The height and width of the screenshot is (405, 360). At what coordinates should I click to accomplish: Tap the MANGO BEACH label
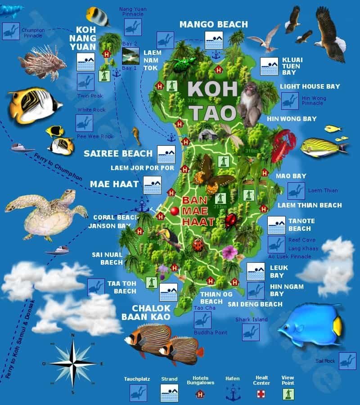click(213, 24)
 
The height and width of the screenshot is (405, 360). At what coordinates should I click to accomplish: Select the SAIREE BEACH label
click(118, 153)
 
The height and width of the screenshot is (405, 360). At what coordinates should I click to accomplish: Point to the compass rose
click(72, 362)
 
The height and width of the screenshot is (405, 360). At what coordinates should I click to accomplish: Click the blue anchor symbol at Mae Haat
click(142, 207)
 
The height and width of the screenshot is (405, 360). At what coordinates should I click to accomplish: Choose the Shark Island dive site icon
click(251, 332)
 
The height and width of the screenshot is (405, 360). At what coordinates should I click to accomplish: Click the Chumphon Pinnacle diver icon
click(10, 31)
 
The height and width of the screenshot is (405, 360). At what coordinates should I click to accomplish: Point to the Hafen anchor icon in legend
click(233, 393)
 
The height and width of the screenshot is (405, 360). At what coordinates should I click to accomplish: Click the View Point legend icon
click(288, 394)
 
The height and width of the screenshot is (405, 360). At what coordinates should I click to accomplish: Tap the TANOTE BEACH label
click(301, 225)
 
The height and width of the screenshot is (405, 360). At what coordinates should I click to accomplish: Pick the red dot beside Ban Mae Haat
click(174, 211)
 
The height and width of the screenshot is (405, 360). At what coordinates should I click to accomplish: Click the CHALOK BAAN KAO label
click(145, 312)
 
